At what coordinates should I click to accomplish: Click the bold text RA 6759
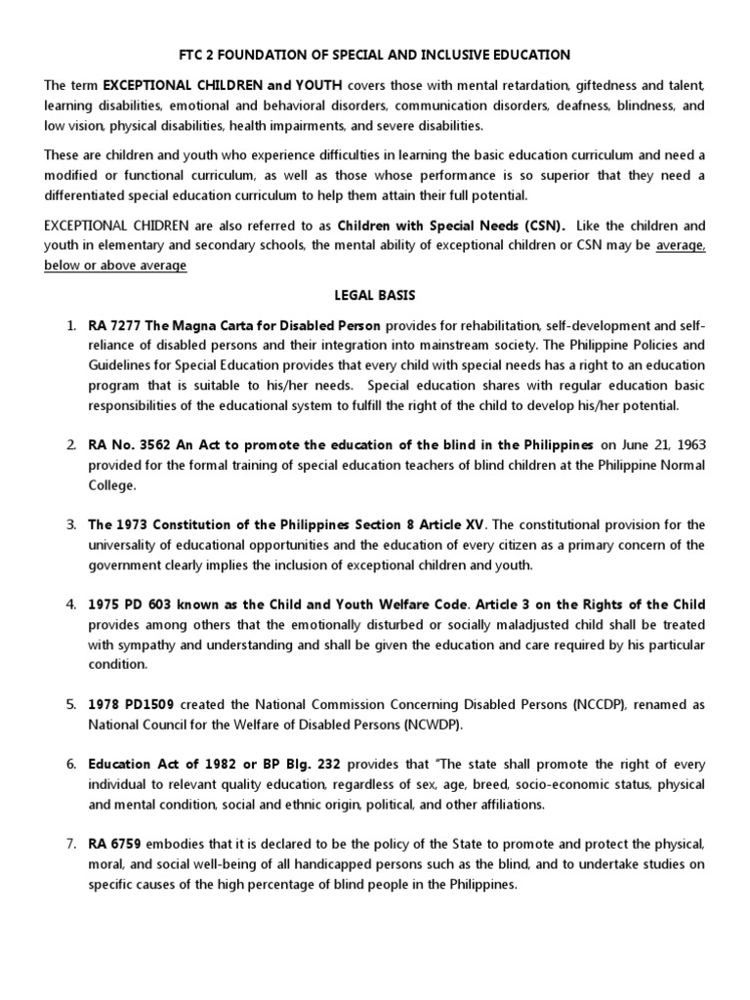click(x=114, y=843)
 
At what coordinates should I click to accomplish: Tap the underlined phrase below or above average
click(x=115, y=266)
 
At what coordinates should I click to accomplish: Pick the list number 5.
click(x=71, y=705)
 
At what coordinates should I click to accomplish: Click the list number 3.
click(x=71, y=525)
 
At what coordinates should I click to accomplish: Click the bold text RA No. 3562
click(x=129, y=444)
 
